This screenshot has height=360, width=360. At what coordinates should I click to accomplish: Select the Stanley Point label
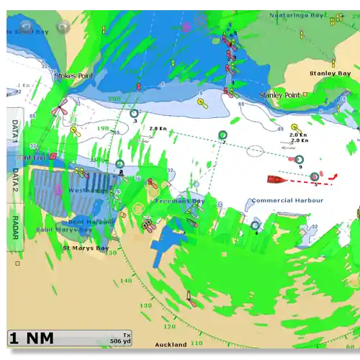[x=279, y=94]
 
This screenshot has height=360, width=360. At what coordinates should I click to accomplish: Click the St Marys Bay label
[x=85, y=248]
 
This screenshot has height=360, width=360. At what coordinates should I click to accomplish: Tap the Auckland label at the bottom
[x=171, y=344]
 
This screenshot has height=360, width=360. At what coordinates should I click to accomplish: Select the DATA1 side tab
[x=15, y=131]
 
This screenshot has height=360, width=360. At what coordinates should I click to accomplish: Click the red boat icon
[x=276, y=178]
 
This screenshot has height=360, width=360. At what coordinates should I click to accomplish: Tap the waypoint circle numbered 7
[x=222, y=135]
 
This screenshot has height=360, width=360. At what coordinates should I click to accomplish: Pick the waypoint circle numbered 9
[x=300, y=159]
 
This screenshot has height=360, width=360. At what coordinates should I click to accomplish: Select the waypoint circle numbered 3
[x=134, y=113]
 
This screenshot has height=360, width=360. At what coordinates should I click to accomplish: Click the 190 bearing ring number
[x=103, y=128]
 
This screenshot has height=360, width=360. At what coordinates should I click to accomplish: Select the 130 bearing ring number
[x=146, y=305]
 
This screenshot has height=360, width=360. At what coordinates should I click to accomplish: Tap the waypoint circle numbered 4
[x=255, y=225]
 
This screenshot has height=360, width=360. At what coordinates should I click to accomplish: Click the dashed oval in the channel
[x=255, y=151]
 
